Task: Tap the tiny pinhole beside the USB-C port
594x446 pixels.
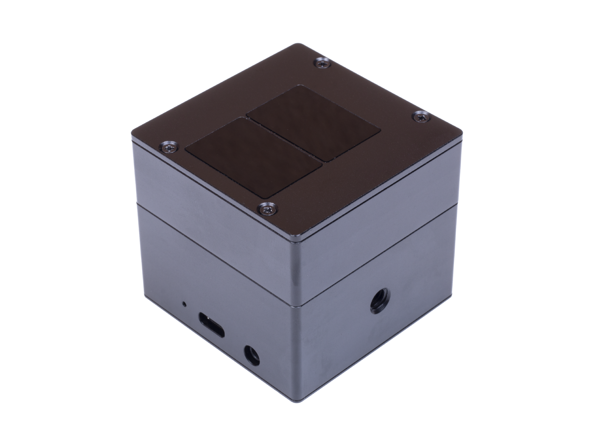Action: (x=183, y=304)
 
